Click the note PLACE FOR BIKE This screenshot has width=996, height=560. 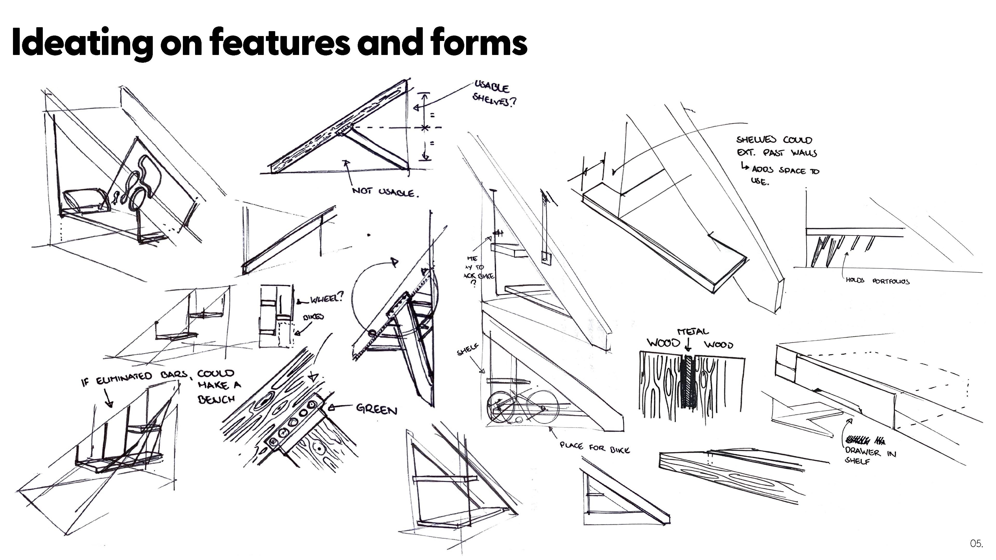point(595,447)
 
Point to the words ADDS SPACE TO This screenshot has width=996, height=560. point(785,170)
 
